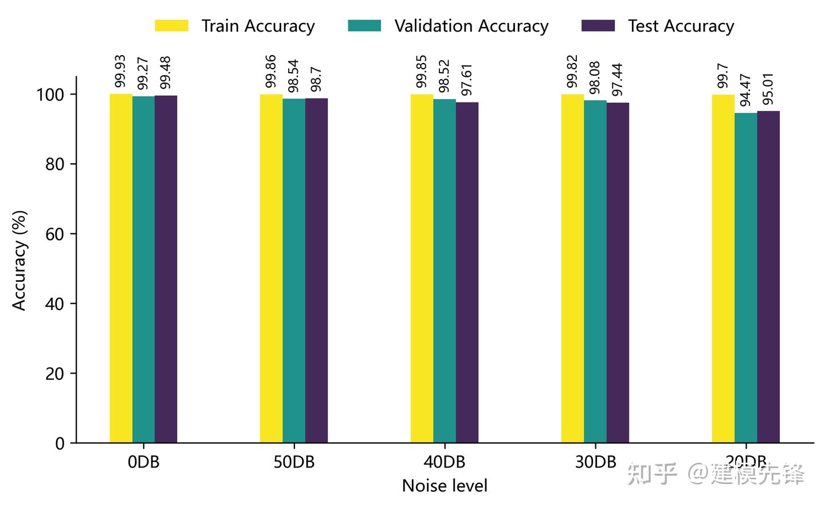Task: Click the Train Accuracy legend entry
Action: point(235,26)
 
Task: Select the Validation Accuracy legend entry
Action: point(449,26)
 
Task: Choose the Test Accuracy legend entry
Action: point(658,26)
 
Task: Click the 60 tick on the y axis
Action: point(54,234)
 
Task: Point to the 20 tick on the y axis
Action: point(54,374)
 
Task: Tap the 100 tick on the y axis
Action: point(50,95)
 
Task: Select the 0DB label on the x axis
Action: point(143,462)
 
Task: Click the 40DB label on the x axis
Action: point(445,462)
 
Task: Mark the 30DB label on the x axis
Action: point(595,462)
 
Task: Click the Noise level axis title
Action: point(445,486)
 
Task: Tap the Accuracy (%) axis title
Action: point(19,260)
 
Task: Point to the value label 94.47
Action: point(745,90)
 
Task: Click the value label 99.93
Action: point(120,72)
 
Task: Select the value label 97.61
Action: point(467,80)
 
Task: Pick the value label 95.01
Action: point(768,89)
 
